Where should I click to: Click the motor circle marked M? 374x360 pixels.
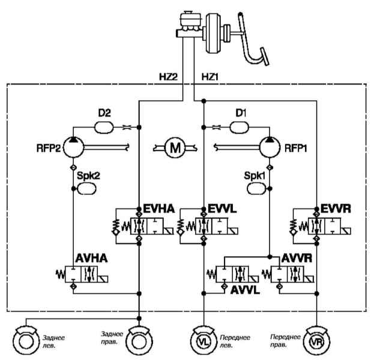pyautogui.click(x=175, y=148)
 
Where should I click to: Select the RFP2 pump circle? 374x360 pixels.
pyautogui.click(x=73, y=148)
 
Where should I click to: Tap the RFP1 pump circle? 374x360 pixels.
pyautogui.click(x=270, y=148)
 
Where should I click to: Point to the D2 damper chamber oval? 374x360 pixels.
pyautogui.click(x=104, y=127)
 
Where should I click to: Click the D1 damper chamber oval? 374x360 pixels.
pyautogui.click(x=239, y=127)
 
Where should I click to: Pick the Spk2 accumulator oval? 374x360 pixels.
pyautogui.click(x=87, y=189)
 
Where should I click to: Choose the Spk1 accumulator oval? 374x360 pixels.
pyautogui.click(x=256, y=189)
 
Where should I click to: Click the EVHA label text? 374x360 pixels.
pyautogui.click(x=159, y=209)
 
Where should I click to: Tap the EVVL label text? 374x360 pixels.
pyautogui.click(x=222, y=209)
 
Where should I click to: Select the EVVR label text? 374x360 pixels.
pyautogui.click(x=336, y=209)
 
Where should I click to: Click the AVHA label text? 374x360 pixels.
pyautogui.click(x=91, y=258)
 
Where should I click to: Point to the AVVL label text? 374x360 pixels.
pyautogui.click(x=245, y=290)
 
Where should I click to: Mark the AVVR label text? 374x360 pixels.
pyautogui.click(x=297, y=258)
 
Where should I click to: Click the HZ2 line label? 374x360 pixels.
pyautogui.click(x=169, y=77)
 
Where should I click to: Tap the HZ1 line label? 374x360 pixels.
pyautogui.click(x=210, y=77)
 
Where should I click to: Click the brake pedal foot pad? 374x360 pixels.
pyautogui.click(x=265, y=56)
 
